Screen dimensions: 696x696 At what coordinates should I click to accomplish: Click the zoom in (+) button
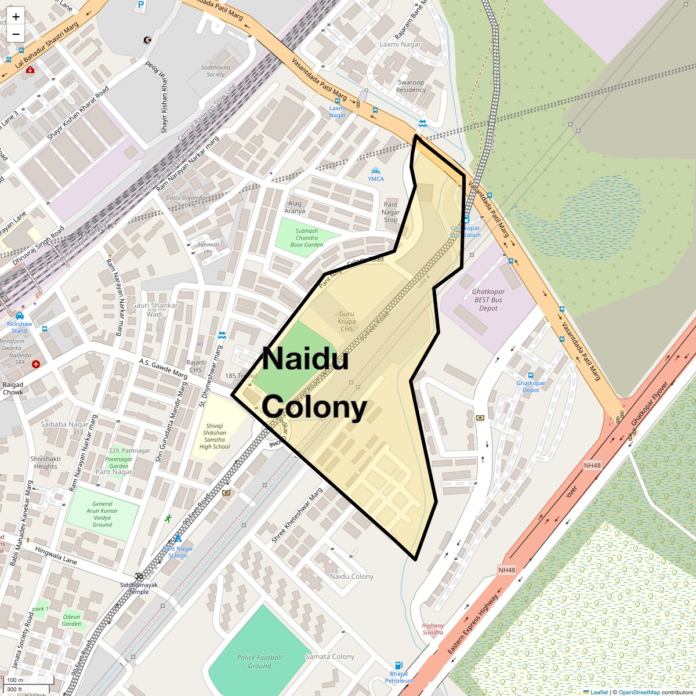tap(16, 17)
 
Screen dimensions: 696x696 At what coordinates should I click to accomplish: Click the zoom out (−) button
tap(16, 34)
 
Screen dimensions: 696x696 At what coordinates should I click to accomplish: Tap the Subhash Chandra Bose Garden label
tap(306, 238)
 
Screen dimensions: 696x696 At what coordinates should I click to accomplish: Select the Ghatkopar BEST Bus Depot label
tap(488, 300)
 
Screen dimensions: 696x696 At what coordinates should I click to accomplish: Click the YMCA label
tap(376, 179)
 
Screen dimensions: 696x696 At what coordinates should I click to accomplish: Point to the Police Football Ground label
tap(259, 661)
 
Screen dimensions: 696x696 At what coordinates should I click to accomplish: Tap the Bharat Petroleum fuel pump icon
tap(398, 665)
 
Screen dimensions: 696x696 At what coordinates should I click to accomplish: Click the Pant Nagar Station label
tap(178, 552)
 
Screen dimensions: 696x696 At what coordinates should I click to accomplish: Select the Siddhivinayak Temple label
tap(139, 588)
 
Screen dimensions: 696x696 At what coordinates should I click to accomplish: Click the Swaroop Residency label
tap(411, 86)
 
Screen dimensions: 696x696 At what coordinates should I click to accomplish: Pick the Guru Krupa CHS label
tap(347, 321)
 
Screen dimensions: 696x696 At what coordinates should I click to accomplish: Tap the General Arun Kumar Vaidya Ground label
tap(102, 514)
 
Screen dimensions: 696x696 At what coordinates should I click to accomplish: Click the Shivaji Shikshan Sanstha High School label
tap(215, 436)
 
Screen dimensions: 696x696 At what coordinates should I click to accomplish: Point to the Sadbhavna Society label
tap(215, 71)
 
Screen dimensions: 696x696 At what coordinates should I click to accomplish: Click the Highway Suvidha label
tap(433, 629)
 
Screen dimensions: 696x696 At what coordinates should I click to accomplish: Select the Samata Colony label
tap(329, 657)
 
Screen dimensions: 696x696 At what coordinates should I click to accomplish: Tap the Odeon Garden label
tap(71, 620)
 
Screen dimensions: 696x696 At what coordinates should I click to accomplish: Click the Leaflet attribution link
tap(599, 692)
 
